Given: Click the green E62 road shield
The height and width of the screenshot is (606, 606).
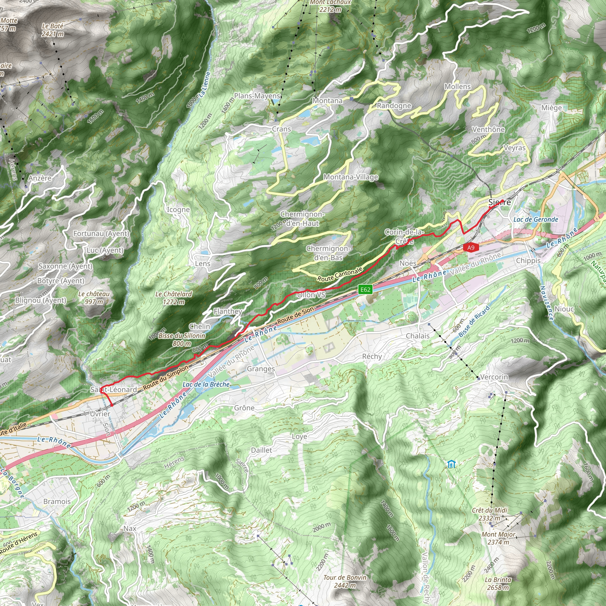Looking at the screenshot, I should pyautogui.click(x=365, y=289).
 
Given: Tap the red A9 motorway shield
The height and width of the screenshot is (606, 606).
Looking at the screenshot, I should pyautogui.click(x=471, y=247).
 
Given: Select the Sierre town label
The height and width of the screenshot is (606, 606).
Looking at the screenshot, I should pyautogui.click(x=500, y=202).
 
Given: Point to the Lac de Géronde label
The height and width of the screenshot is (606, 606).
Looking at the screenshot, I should pyautogui.click(x=536, y=220).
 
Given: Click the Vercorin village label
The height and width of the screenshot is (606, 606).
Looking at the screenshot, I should pyautogui.click(x=494, y=377).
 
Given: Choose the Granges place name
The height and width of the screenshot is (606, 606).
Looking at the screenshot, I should pyautogui.click(x=261, y=369).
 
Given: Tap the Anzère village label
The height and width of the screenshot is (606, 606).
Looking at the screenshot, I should pyautogui.click(x=40, y=178).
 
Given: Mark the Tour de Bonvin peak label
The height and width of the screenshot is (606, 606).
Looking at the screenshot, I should pyautogui.click(x=345, y=581).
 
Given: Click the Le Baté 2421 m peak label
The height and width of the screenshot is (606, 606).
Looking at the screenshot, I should pyautogui.click(x=53, y=30).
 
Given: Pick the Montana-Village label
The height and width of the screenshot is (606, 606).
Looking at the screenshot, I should pyautogui.click(x=351, y=177).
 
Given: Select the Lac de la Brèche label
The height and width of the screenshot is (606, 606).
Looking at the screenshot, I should pyautogui.click(x=206, y=385).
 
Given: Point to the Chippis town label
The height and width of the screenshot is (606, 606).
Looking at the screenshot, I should pyautogui.click(x=528, y=261).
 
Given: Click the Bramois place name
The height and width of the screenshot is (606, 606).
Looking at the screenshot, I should pyautogui.click(x=57, y=502).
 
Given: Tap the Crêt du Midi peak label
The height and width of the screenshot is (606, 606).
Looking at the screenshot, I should pyautogui.click(x=490, y=514).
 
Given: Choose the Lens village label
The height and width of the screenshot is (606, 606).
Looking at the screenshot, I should pyautogui.click(x=203, y=264).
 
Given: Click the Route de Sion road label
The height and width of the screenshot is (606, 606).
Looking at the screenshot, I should pyautogui.click(x=296, y=316).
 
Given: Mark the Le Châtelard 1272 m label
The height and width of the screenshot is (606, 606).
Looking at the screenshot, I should pyautogui.click(x=174, y=298).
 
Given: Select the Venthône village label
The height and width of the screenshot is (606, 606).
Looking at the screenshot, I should pyautogui.click(x=488, y=130).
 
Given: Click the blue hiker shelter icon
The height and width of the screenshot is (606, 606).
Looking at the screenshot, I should pyautogui.click(x=451, y=464).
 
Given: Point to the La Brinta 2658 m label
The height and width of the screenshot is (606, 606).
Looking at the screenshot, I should pyautogui.click(x=498, y=584).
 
